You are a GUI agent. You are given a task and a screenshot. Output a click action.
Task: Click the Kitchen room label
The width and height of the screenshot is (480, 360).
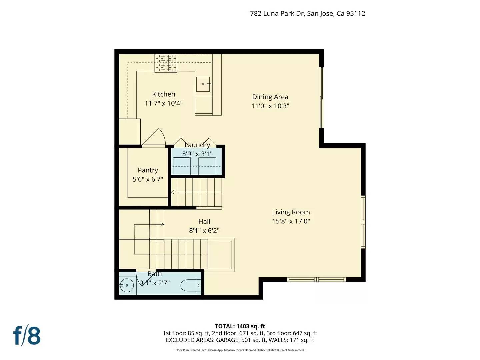(163, 94)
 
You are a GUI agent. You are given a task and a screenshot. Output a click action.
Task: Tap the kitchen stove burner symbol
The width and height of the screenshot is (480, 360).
(166, 63)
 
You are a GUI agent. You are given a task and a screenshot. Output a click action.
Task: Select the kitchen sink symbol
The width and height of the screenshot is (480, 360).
(203, 84)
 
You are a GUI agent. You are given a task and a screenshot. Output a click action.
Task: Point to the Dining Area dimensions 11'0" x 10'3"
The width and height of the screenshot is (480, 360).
(270, 106)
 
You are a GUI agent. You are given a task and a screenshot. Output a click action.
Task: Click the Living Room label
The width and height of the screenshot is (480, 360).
(291, 212)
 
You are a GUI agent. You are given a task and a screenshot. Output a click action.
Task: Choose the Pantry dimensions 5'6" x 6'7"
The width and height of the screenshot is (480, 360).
(148, 179)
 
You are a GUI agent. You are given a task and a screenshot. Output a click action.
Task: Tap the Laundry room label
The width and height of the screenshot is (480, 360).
(197, 145)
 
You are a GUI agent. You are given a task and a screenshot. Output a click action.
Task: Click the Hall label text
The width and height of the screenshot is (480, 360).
(204, 221)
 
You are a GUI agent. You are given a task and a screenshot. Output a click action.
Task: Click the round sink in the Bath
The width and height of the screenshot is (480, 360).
(127, 285)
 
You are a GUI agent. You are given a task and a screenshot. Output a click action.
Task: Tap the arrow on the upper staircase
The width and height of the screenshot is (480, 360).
(173, 192)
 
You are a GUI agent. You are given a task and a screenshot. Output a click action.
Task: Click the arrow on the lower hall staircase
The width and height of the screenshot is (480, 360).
(162, 224)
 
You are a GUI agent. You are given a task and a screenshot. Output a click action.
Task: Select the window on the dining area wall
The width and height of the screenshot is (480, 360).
(322, 98)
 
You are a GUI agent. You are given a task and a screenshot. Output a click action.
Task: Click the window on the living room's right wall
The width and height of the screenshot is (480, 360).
(363, 222)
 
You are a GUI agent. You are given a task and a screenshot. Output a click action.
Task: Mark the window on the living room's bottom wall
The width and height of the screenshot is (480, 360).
(316, 279)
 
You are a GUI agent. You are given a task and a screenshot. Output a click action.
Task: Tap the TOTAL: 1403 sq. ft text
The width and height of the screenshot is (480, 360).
(240, 326)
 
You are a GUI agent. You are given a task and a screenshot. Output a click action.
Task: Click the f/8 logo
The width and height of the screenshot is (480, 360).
(27, 336)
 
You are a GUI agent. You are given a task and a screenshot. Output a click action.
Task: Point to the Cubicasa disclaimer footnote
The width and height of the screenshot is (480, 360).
(240, 350)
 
